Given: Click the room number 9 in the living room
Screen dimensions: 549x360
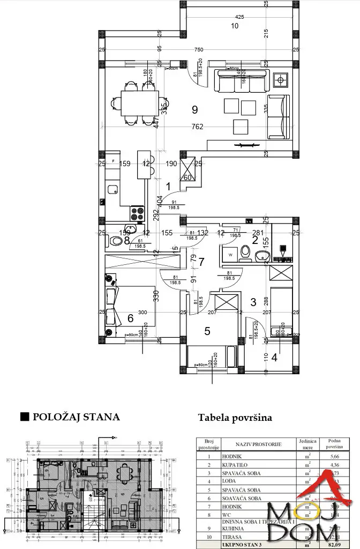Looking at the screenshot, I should coord(194,110).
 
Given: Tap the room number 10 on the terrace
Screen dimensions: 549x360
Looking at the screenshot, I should coord(234,26).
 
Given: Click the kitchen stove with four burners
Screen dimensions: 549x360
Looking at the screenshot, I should coord(137,213).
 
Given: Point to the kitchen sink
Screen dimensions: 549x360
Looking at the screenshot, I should coord(112,189).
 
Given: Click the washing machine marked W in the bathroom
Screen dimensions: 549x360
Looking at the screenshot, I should coord(230,254).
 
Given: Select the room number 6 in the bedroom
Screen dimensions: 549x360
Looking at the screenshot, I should coord(130,318).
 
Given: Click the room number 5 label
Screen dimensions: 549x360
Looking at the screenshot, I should coord(207,331).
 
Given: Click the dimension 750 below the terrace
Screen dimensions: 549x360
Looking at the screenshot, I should coord(199,50).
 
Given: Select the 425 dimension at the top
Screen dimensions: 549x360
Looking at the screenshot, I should coord(239,17).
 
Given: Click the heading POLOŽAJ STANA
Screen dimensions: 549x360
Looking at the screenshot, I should coord(76,417).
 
